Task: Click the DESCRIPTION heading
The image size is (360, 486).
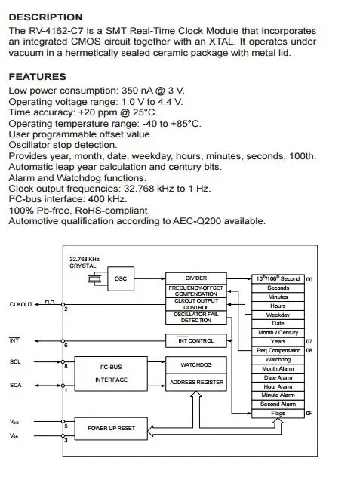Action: pyautogui.click(x=45, y=17)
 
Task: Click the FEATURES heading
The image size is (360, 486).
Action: pyautogui.click(x=38, y=76)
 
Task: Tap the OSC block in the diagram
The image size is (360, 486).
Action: pyautogui.click(x=121, y=278)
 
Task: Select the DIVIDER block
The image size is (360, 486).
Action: pyautogui.click(x=196, y=278)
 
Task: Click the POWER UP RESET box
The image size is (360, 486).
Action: pyautogui.click(x=111, y=429)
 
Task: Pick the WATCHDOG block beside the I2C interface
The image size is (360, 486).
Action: pyautogui.click(x=196, y=364)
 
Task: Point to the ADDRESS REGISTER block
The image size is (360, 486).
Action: pyautogui.click(x=196, y=382)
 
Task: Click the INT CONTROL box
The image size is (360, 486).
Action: pyautogui.click(x=196, y=340)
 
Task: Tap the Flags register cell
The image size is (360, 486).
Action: pyautogui.click(x=278, y=413)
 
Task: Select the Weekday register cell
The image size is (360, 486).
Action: pyautogui.click(x=278, y=315)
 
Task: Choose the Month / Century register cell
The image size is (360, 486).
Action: pyautogui.click(x=278, y=333)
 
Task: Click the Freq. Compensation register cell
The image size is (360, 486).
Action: pyautogui.click(x=278, y=351)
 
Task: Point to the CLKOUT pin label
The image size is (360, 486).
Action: pyautogui.click(x=21, y=304)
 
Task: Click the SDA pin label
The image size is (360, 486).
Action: pyautogui.click(x=16, y=386)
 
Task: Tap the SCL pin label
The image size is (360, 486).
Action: pyautogui.click(x=15, y=361)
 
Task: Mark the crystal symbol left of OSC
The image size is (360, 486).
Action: pyautogui.click(x=94, y=279)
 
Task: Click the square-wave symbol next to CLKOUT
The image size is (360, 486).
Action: pyautogui.click(x=50, y=302)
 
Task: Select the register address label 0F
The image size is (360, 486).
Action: pyautogui.click(x=309, y=413)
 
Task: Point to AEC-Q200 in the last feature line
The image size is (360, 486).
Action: pyautogui.click(x=197, y=221)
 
